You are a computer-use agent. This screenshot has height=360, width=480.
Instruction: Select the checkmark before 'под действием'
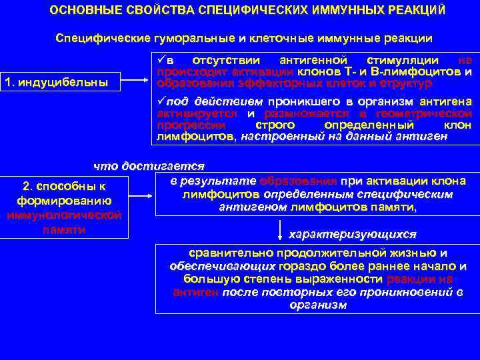pos(160,101)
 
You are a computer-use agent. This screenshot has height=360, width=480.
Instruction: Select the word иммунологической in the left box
pos(63,214)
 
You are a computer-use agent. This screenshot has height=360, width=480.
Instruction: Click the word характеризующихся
pos(351,235)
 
